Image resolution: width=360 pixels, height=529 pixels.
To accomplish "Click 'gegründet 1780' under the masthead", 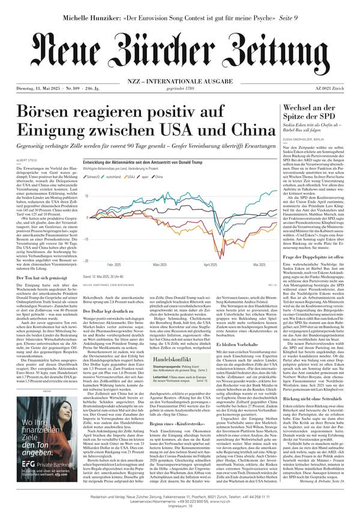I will pos(179,89).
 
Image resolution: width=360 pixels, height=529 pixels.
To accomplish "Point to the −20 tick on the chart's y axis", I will pos(86,261).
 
